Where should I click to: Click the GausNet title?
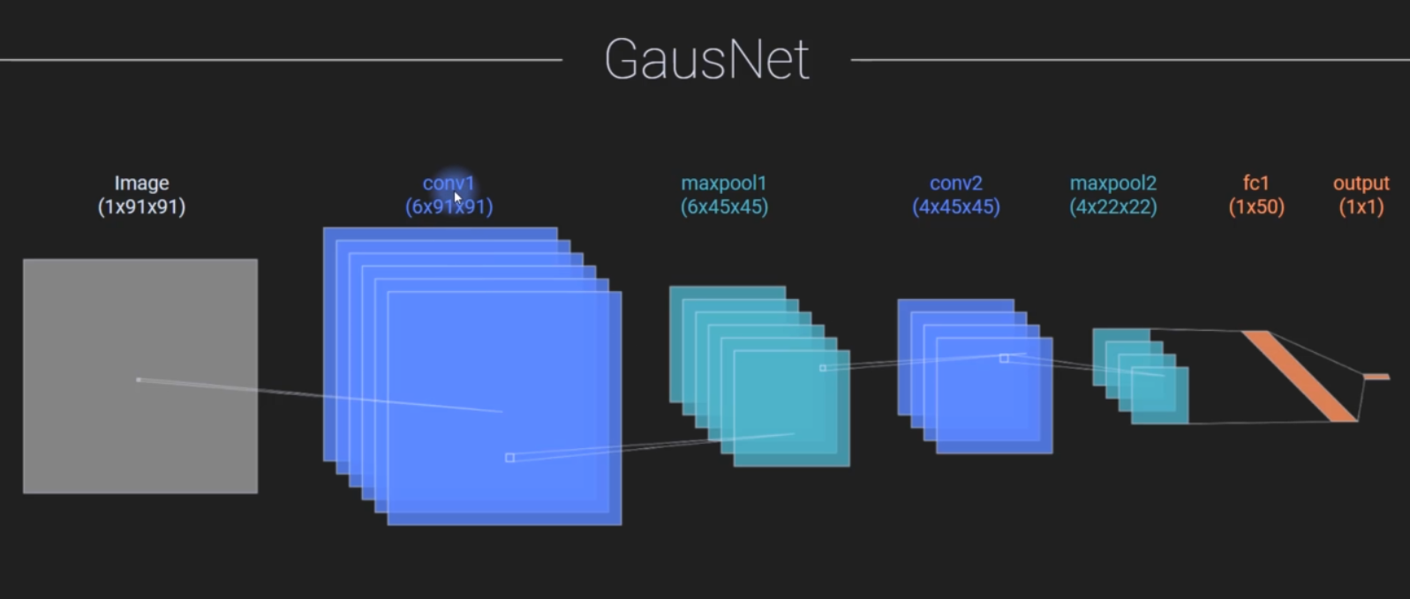click(706, 59)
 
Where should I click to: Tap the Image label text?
click(141, 183)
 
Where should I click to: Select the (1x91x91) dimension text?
click(141, 207)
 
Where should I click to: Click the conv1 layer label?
click(449, 183)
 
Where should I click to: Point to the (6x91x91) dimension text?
click(449, 207)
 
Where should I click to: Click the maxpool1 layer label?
click(724, 183)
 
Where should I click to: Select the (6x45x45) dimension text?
click(725, 207)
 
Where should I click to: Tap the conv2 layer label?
click(956, 183)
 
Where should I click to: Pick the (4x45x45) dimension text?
click(956, 207)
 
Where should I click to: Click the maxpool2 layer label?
click(1113, 183)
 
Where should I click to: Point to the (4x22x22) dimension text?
click(1113, 207)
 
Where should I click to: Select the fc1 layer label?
click(1256, 183)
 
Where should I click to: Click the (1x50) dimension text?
click(1256, 207)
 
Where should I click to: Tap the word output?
click(1361, 183)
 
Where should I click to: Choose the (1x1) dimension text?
click(1361, 207)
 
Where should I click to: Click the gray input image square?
click(140, 377)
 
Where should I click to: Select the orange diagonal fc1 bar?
click(1300, 376)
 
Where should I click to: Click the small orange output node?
click(1376, 377)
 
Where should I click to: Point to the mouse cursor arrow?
click(457, 198)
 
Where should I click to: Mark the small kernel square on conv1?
click(509, 458)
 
